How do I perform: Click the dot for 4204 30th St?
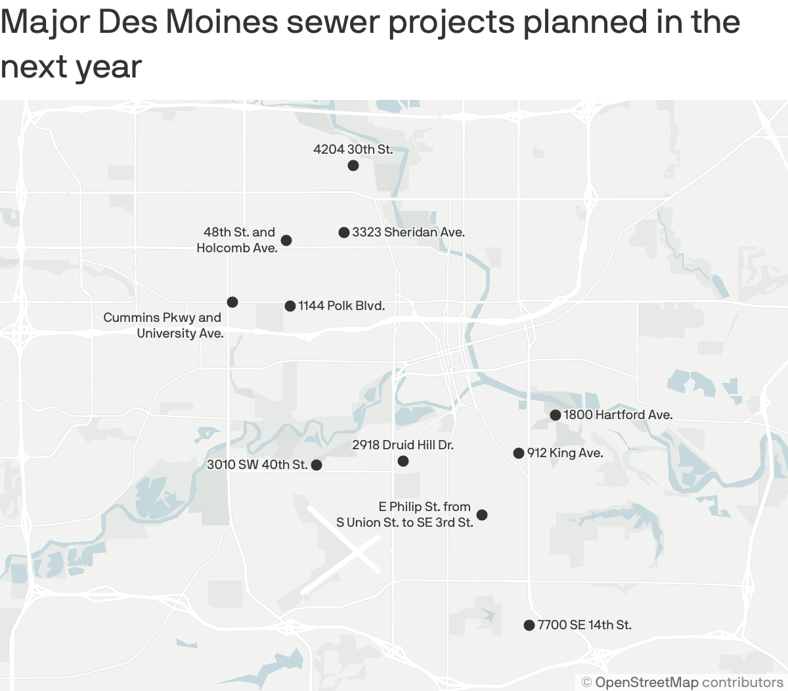point(353,166)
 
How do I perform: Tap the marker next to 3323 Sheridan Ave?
point(344,233)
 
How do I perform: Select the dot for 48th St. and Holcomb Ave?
point(286,240)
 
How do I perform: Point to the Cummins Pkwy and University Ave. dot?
point(232,302)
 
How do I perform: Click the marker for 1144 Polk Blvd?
point(290,306)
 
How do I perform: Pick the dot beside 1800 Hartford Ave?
point(556,415)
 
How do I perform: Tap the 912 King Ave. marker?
point(519,453)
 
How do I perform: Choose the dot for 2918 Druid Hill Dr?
point(403,461)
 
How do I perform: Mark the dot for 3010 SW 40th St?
point(317,465)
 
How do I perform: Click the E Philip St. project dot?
point(482,515)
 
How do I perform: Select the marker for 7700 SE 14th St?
point(529,625)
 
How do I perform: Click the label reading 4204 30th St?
point(353,150)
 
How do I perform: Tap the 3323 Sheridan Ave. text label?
point(408,233)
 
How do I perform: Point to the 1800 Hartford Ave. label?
point(618,415)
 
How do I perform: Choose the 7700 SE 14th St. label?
point(584,625)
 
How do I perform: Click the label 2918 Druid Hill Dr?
point(403,445)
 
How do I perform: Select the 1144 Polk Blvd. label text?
point(341,306)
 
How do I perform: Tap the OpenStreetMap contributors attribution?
point(683,682)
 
